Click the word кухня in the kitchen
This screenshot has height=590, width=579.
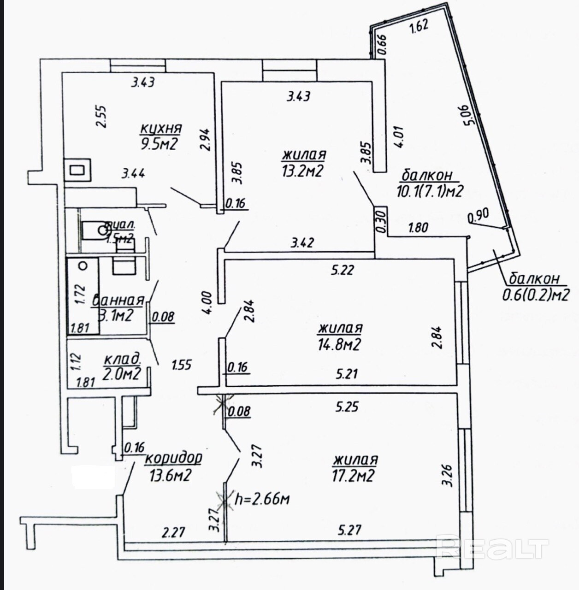pos(161,128)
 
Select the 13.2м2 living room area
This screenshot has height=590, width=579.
pos(302,171)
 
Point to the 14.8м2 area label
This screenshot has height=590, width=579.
pos(339,344)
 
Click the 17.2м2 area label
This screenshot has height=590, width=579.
pos(354,475)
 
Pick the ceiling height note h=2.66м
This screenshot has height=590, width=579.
pos(262,499)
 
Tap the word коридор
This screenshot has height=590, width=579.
pos(174,458)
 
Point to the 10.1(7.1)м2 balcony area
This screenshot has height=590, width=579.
pos(430,190)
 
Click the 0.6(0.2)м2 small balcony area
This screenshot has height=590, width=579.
pos(536,294)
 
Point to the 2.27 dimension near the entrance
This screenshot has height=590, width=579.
pos(173,532)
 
